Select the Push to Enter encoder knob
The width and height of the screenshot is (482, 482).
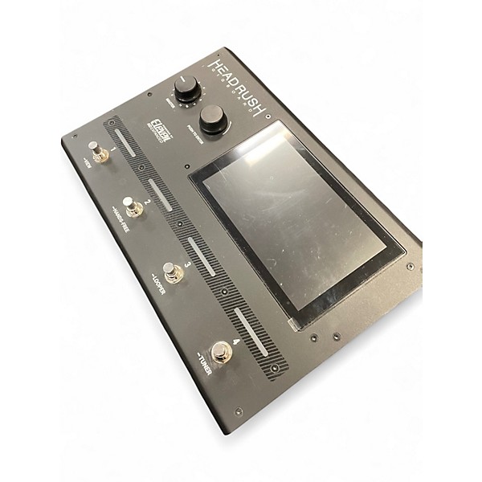click(x=212, y=117)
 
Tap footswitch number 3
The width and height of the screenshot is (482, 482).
click(x=173, y=272)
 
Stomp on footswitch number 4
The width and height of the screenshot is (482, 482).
click(x=221, y=352)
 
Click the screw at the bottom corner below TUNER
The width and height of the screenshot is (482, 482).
click(x=238, y=411)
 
